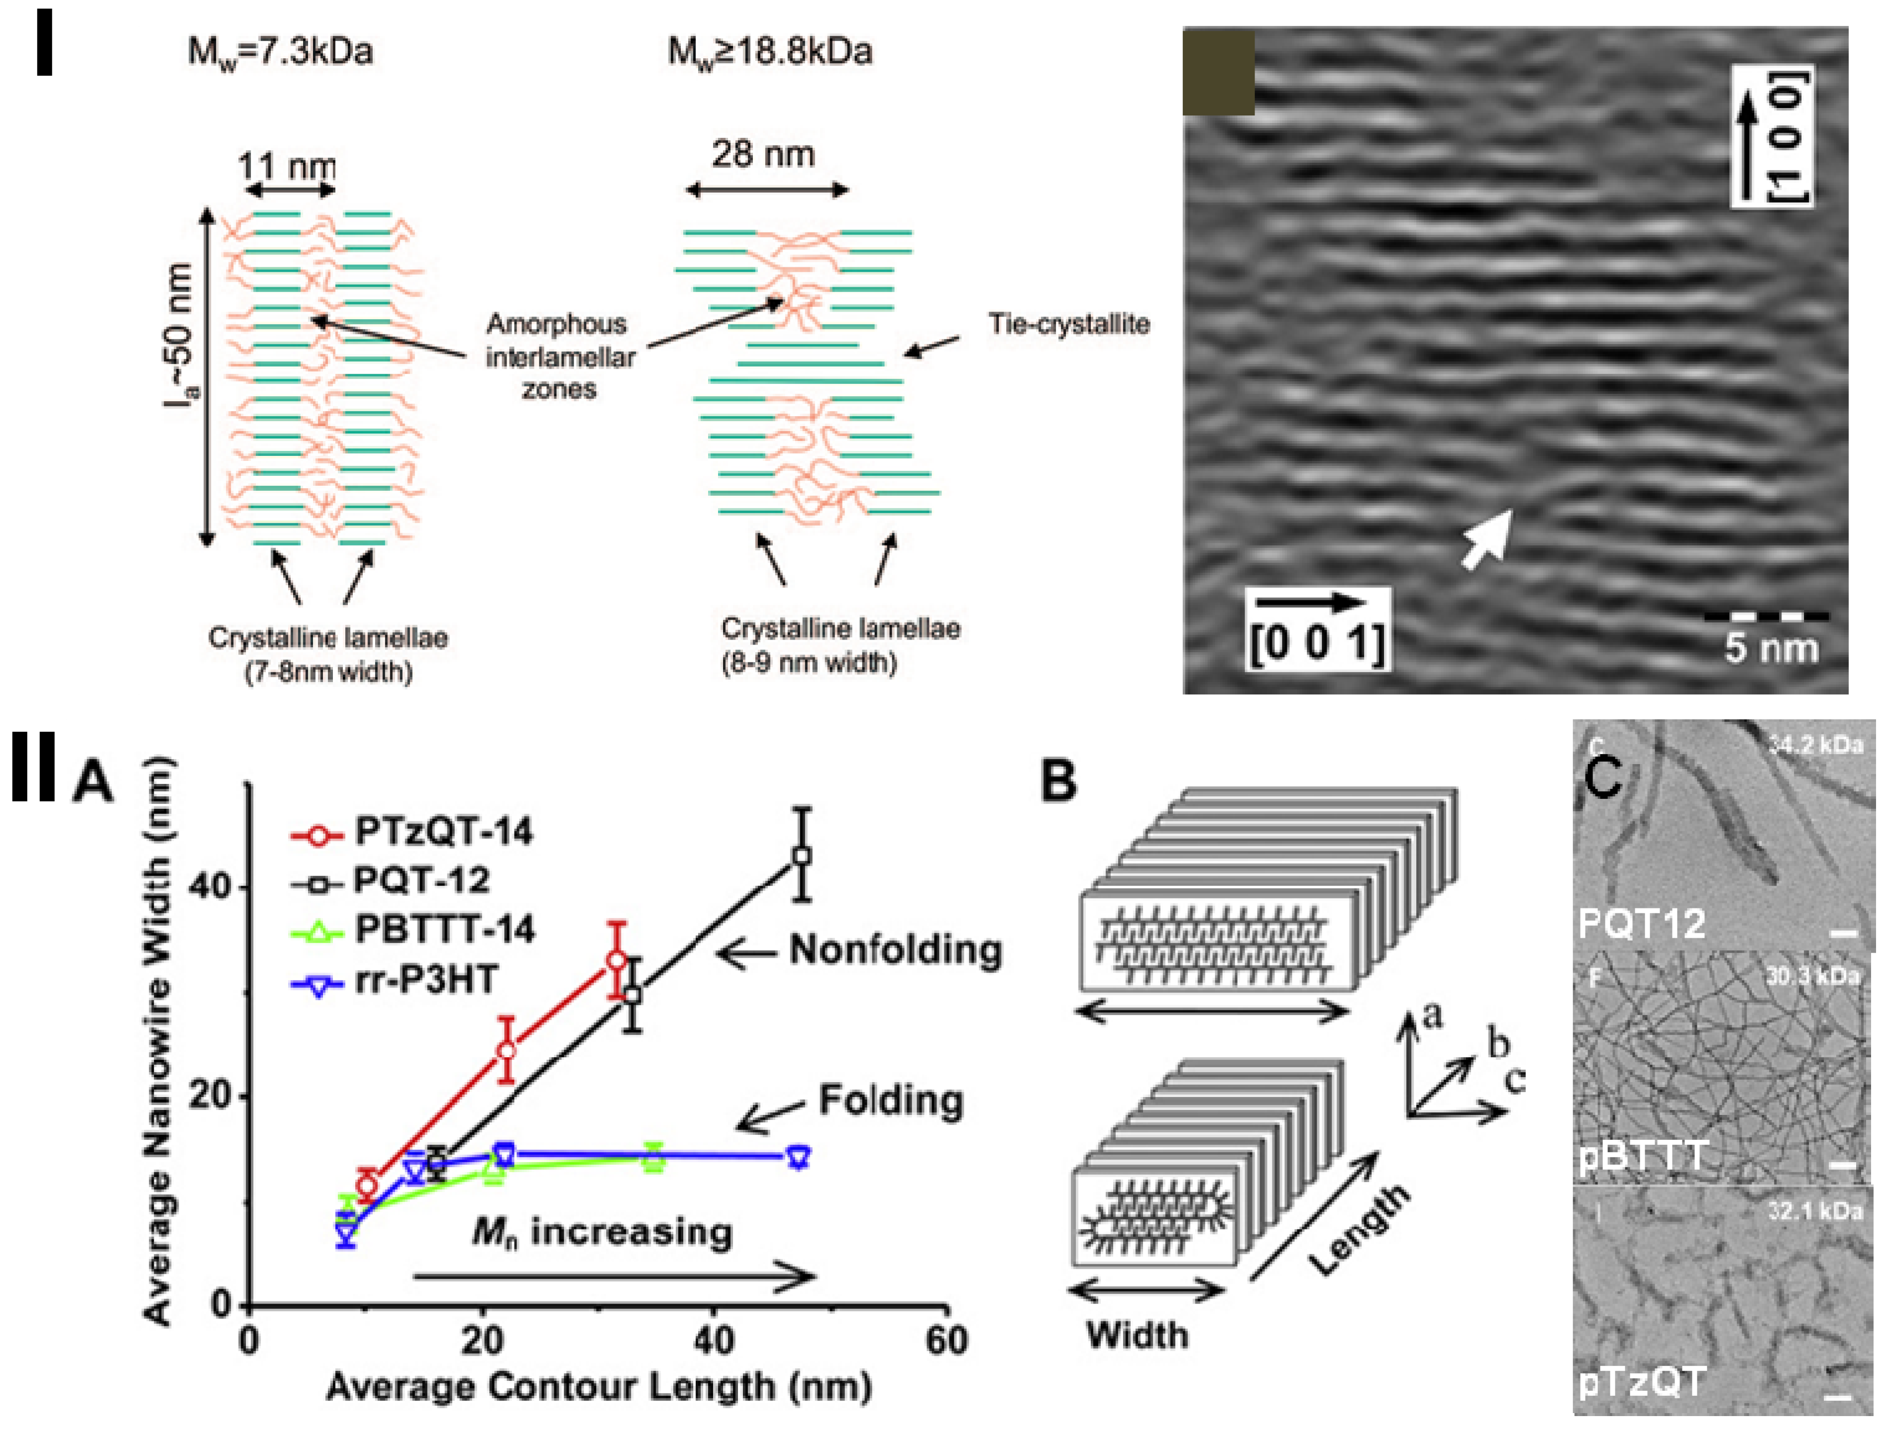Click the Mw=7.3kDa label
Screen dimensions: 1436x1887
pyautogui.click(x=280, y=53)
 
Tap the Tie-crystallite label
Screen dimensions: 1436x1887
pyautogui.click(x=1068, y=324)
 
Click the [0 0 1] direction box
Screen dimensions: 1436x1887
pyautogui.click(x=1317, y=628)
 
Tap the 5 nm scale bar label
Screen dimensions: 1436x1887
pyautogui.click(x=1770, y=647)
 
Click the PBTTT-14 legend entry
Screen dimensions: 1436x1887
pyautogui.click(x=444, y=930)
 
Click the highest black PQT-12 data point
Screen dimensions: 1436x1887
pyautogui.click(x=801, y=856)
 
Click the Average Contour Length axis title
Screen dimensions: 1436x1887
pyautogui.click(x=598, y=1386)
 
